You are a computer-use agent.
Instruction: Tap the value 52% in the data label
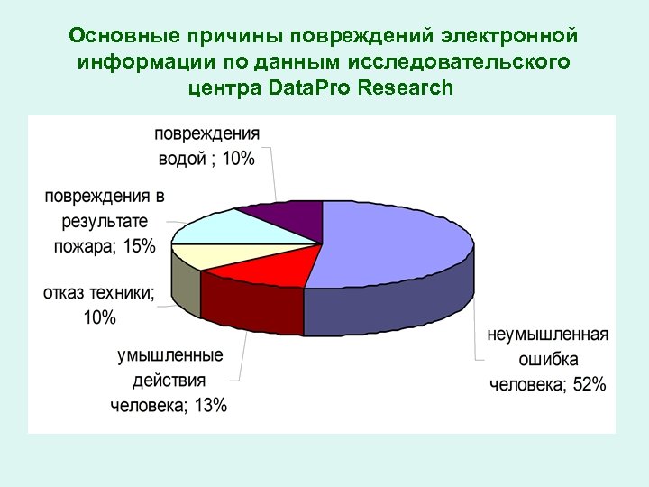click(x=588, y=385)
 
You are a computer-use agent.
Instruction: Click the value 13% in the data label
click(x=209, y=406)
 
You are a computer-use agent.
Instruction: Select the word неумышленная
click(x=547, y=335)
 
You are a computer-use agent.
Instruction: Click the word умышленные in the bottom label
click(x=169, y=355)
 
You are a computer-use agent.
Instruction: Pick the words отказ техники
click(x=97, y=292)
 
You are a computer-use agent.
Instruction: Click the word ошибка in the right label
click(x=547, y=360)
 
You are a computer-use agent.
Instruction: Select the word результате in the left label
click(x=105, y=221)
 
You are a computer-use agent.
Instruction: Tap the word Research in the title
click(x=405, y=88)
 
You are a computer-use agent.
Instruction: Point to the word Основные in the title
click(x=122, y=38)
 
